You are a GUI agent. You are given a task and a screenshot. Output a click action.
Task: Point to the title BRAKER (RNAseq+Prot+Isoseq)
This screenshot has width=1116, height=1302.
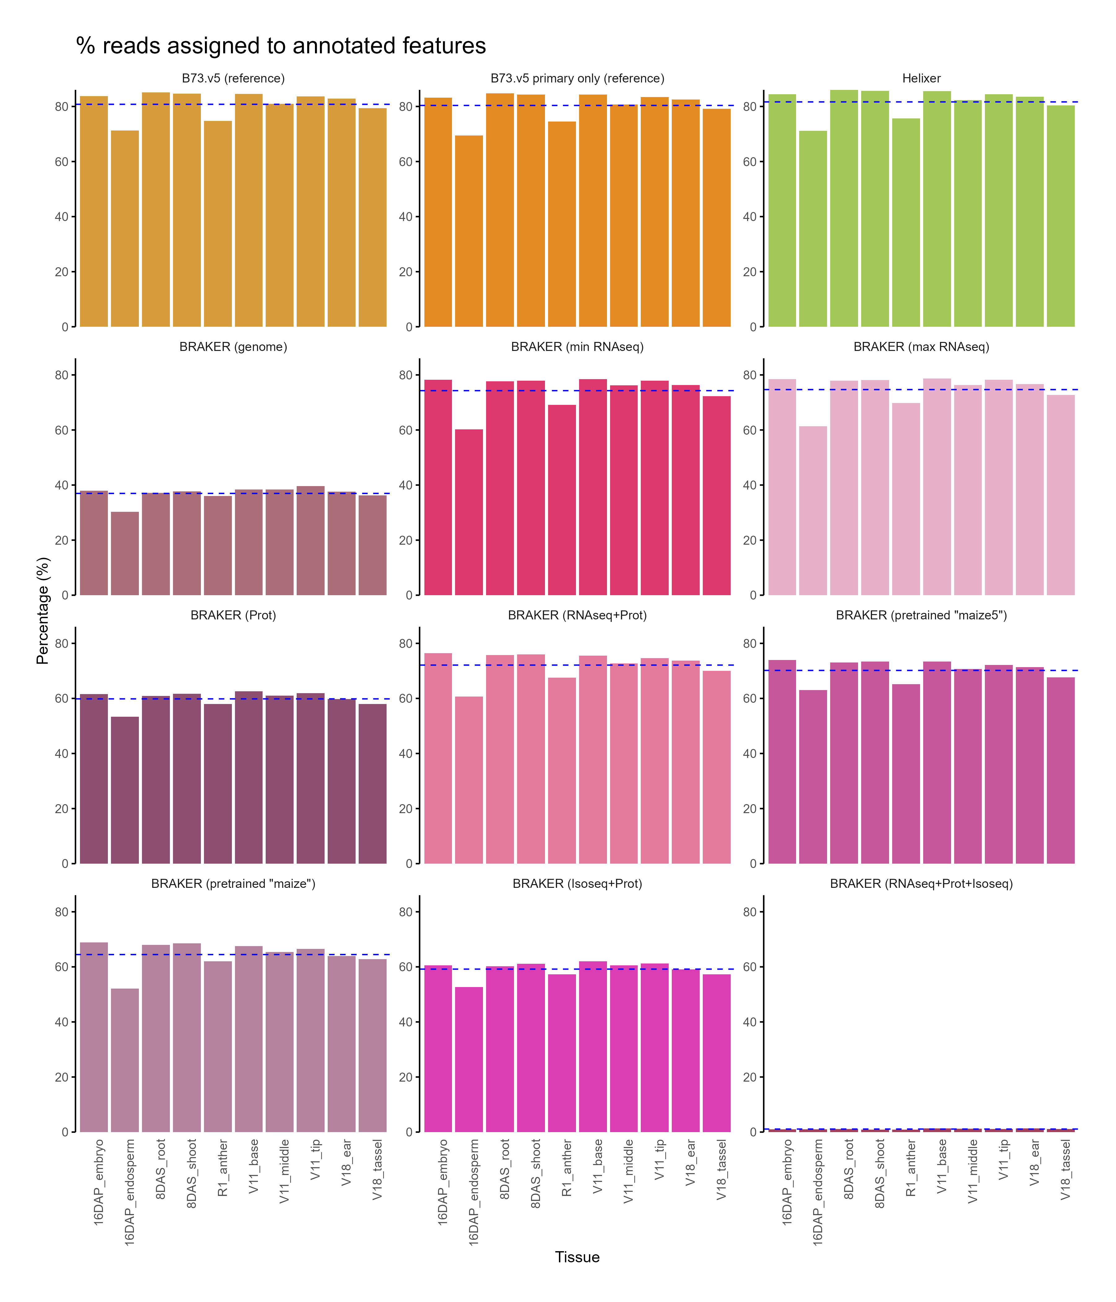click(x=921, y=883)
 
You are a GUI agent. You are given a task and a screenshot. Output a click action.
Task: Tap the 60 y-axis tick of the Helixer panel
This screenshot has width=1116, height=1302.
click(x=750, y=162)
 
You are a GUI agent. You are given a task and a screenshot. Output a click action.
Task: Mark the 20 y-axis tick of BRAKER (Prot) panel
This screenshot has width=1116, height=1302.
click(x=62, y=809)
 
